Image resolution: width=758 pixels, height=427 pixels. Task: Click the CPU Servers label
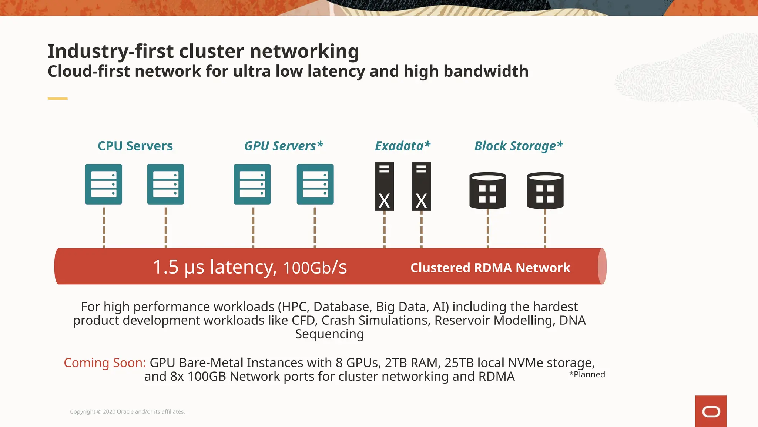[x=135, y=146]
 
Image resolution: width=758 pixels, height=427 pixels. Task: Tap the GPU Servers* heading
[x=284, y=146]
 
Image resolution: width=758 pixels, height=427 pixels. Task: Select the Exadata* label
[x=403, y=146]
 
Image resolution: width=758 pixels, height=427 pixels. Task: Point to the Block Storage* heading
[x=519, y=146]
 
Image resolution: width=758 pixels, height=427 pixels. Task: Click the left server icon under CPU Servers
[x=104, y=184]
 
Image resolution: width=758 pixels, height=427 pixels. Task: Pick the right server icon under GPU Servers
[x=315, y=184]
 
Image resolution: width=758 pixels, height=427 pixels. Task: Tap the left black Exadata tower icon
[x=384, y=186]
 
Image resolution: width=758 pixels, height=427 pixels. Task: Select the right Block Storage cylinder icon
[x=545, y=191]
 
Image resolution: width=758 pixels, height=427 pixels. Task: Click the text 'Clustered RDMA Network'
[x=490, y=268]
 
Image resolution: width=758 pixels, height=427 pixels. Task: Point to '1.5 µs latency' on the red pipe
[x=215, y=267]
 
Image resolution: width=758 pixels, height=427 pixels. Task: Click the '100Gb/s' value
[x=315, y=268]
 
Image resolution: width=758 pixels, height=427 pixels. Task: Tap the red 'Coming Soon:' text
[x=105, y=363]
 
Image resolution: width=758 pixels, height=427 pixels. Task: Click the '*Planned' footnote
[x=587, y=374]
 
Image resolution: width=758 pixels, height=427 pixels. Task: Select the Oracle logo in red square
[x=711, y=411]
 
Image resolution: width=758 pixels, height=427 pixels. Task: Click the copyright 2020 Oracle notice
[x=127, y=411]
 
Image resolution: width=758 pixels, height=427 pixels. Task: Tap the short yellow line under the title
[x=57, y=99]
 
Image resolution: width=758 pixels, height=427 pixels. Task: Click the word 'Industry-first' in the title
[x=110, y=51]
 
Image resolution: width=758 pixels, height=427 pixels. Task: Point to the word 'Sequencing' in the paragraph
[x=329, y=334]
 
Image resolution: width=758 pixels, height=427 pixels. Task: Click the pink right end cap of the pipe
[x=602, y=267]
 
